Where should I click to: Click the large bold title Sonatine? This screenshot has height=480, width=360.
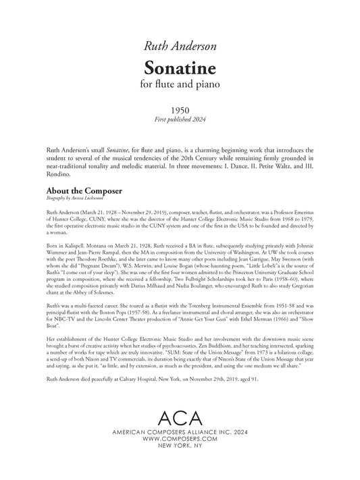pyautogui.click(x=180, y=68)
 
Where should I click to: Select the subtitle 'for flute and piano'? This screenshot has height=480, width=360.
pyautogui.click(x=180, y=85)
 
